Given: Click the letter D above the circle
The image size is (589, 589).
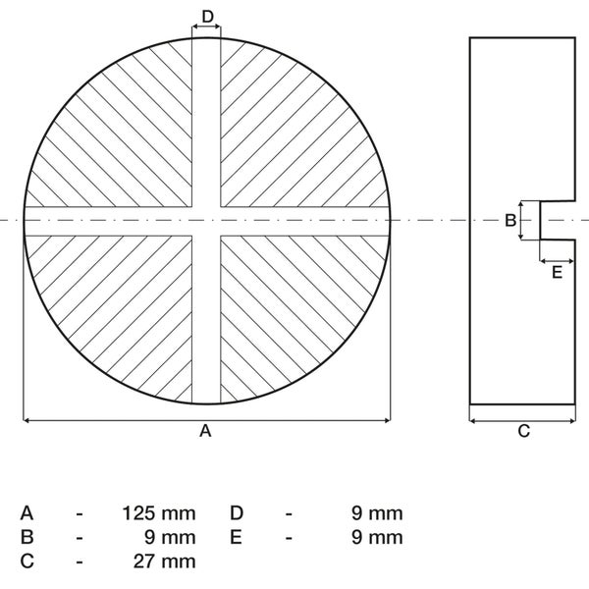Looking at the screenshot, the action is [x=208, y=17].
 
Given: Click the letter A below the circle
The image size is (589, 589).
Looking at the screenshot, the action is [x=205, y=431].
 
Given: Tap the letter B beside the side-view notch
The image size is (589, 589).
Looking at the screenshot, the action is [x=510, y=220].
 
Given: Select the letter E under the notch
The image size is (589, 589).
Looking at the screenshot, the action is [x=557, y=272].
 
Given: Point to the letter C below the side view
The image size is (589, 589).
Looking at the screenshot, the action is [x=523, y=431].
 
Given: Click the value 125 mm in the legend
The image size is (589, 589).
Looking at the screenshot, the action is [x=159, y=513].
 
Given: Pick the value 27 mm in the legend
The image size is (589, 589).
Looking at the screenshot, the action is [x=165, y=562].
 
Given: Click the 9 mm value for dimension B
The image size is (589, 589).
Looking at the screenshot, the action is [x=170, y=537].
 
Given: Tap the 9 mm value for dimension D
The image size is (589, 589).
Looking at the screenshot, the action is [x=377, y=513].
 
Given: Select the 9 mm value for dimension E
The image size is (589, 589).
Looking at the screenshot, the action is [x=377, y=537].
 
